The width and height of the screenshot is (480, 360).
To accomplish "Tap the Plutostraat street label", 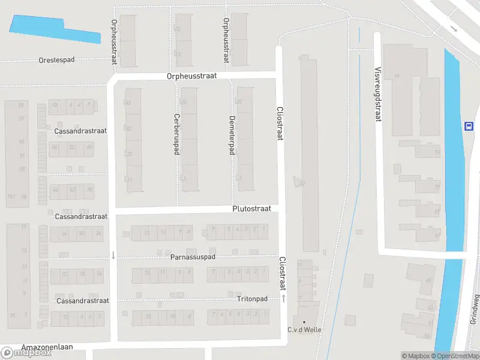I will coord(251,208).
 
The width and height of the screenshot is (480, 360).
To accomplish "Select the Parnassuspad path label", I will coord(193,257).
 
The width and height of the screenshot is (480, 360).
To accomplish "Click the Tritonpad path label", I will coord(252,298).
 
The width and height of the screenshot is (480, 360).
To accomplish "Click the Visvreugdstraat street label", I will coord(378,94).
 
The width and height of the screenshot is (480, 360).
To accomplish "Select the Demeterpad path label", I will coord(232,136).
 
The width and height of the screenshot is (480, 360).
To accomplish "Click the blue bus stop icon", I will coord(467,126).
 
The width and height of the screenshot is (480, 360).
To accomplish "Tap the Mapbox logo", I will coord(26,353).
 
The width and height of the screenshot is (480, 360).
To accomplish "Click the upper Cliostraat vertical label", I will coord(279,124).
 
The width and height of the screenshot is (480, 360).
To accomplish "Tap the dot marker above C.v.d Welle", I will coord(304,322).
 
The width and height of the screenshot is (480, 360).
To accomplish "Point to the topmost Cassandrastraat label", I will coord(80,130).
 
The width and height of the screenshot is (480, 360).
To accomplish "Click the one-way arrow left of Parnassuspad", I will coord(113,256).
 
